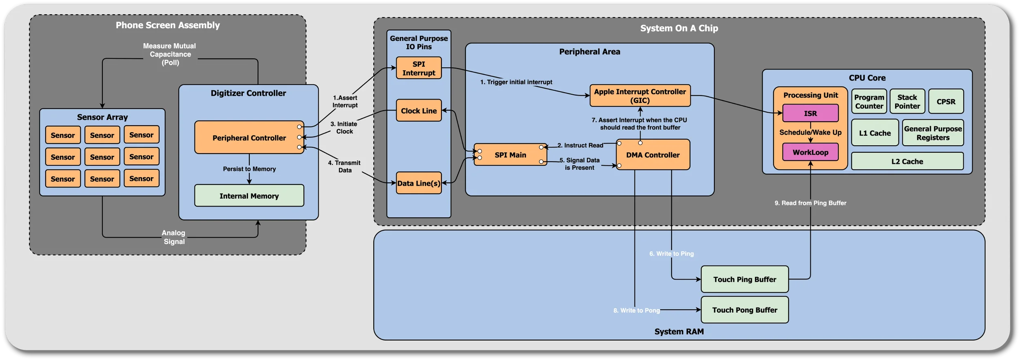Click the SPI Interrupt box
point(419,68)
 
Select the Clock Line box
point(419,111)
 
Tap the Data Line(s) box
point(419,183)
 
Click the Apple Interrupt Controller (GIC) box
point(640,96)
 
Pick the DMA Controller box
point(653,155)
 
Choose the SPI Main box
point(510,155)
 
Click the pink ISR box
point(810,113)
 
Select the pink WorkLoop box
point(810,152)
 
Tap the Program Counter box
point(869,102)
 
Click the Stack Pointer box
point(907,102)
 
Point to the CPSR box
point(946,102)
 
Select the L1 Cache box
point(875,133)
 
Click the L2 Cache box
point(907,162)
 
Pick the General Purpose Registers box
point(933,133)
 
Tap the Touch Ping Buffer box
point(745,280)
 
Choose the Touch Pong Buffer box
point(745,310)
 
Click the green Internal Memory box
point(249,196)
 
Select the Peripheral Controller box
point(249,138)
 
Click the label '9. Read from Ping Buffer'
point(810,203)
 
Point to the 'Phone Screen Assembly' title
point(168,25)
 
